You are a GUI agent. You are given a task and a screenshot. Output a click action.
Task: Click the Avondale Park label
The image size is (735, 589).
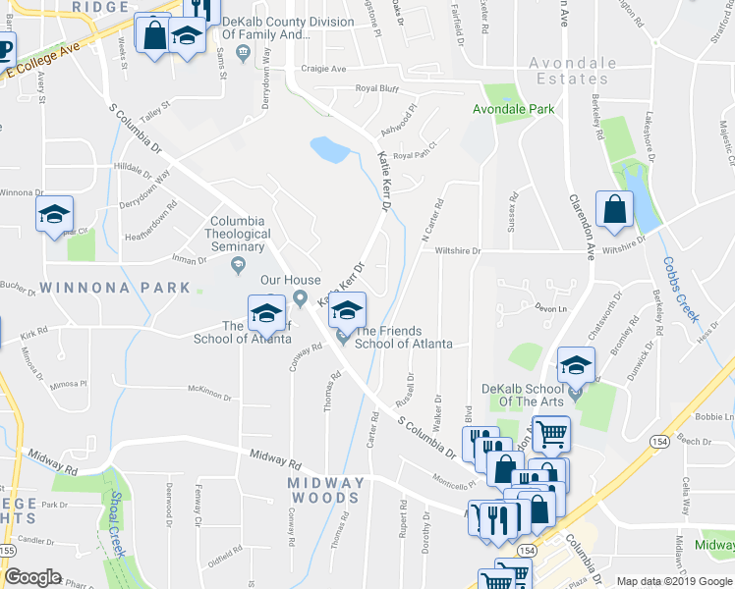click(513, 109)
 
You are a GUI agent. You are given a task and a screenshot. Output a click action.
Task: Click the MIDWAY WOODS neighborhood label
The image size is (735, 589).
click(326, 492)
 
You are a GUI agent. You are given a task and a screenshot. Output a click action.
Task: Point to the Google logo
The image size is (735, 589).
click(32, 577)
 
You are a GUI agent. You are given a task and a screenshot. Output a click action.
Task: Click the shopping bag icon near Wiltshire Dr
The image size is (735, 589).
click(614, 210)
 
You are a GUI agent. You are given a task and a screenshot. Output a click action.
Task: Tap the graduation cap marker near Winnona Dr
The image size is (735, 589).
click(54, 215)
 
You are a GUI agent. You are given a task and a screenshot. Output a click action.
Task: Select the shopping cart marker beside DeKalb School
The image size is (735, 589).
click(551, 433)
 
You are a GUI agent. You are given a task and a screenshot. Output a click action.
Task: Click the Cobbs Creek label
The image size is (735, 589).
click(680, 290)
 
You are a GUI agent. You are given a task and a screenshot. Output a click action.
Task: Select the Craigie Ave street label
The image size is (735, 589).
click(325, 69)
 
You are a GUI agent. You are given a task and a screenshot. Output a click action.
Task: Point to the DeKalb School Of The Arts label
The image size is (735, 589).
click(528, 397)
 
